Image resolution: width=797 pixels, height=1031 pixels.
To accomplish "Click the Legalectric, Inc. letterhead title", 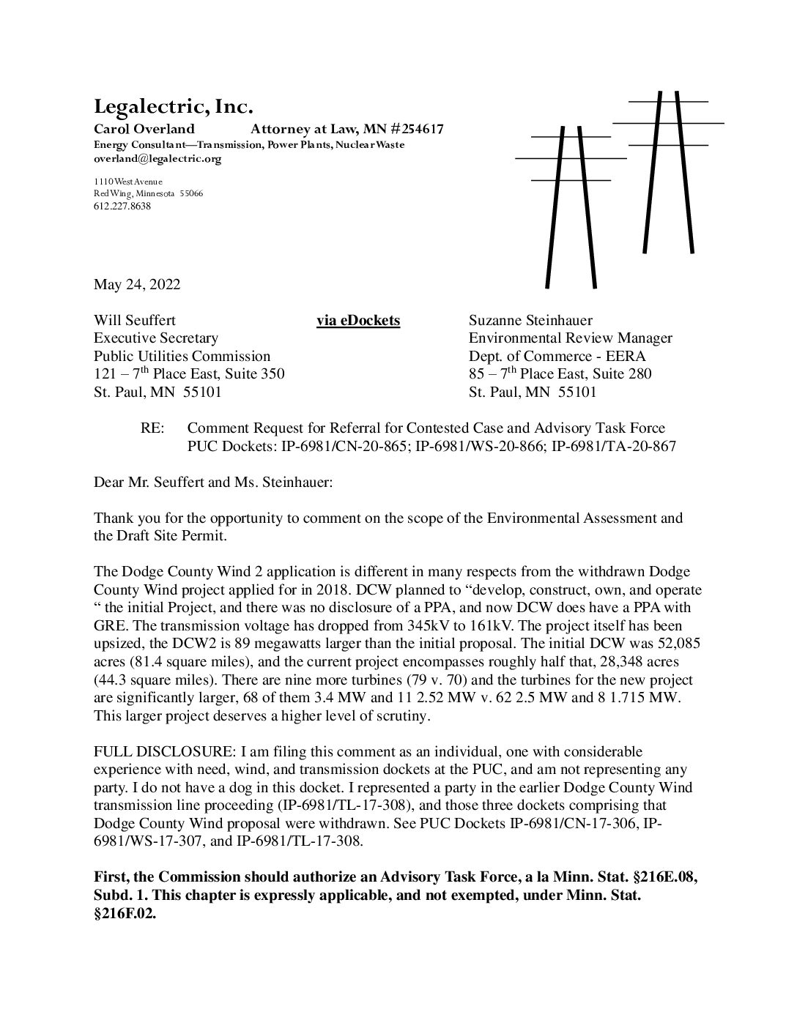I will point(173,107).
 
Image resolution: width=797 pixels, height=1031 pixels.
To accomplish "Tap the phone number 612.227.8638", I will point(122,206).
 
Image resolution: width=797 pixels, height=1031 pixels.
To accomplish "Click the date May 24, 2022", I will point(136,285).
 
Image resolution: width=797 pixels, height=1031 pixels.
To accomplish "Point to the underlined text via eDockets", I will point(358,321).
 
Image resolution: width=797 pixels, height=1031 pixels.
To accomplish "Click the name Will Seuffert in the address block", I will point(135,321).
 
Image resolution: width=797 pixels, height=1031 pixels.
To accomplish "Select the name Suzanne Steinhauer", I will point(530,321).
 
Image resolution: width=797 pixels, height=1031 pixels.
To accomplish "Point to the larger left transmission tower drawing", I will point(570,205).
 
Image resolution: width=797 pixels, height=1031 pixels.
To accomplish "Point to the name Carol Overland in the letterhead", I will point(144,130).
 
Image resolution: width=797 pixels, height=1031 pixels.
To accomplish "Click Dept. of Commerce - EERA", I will point(557,357).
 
